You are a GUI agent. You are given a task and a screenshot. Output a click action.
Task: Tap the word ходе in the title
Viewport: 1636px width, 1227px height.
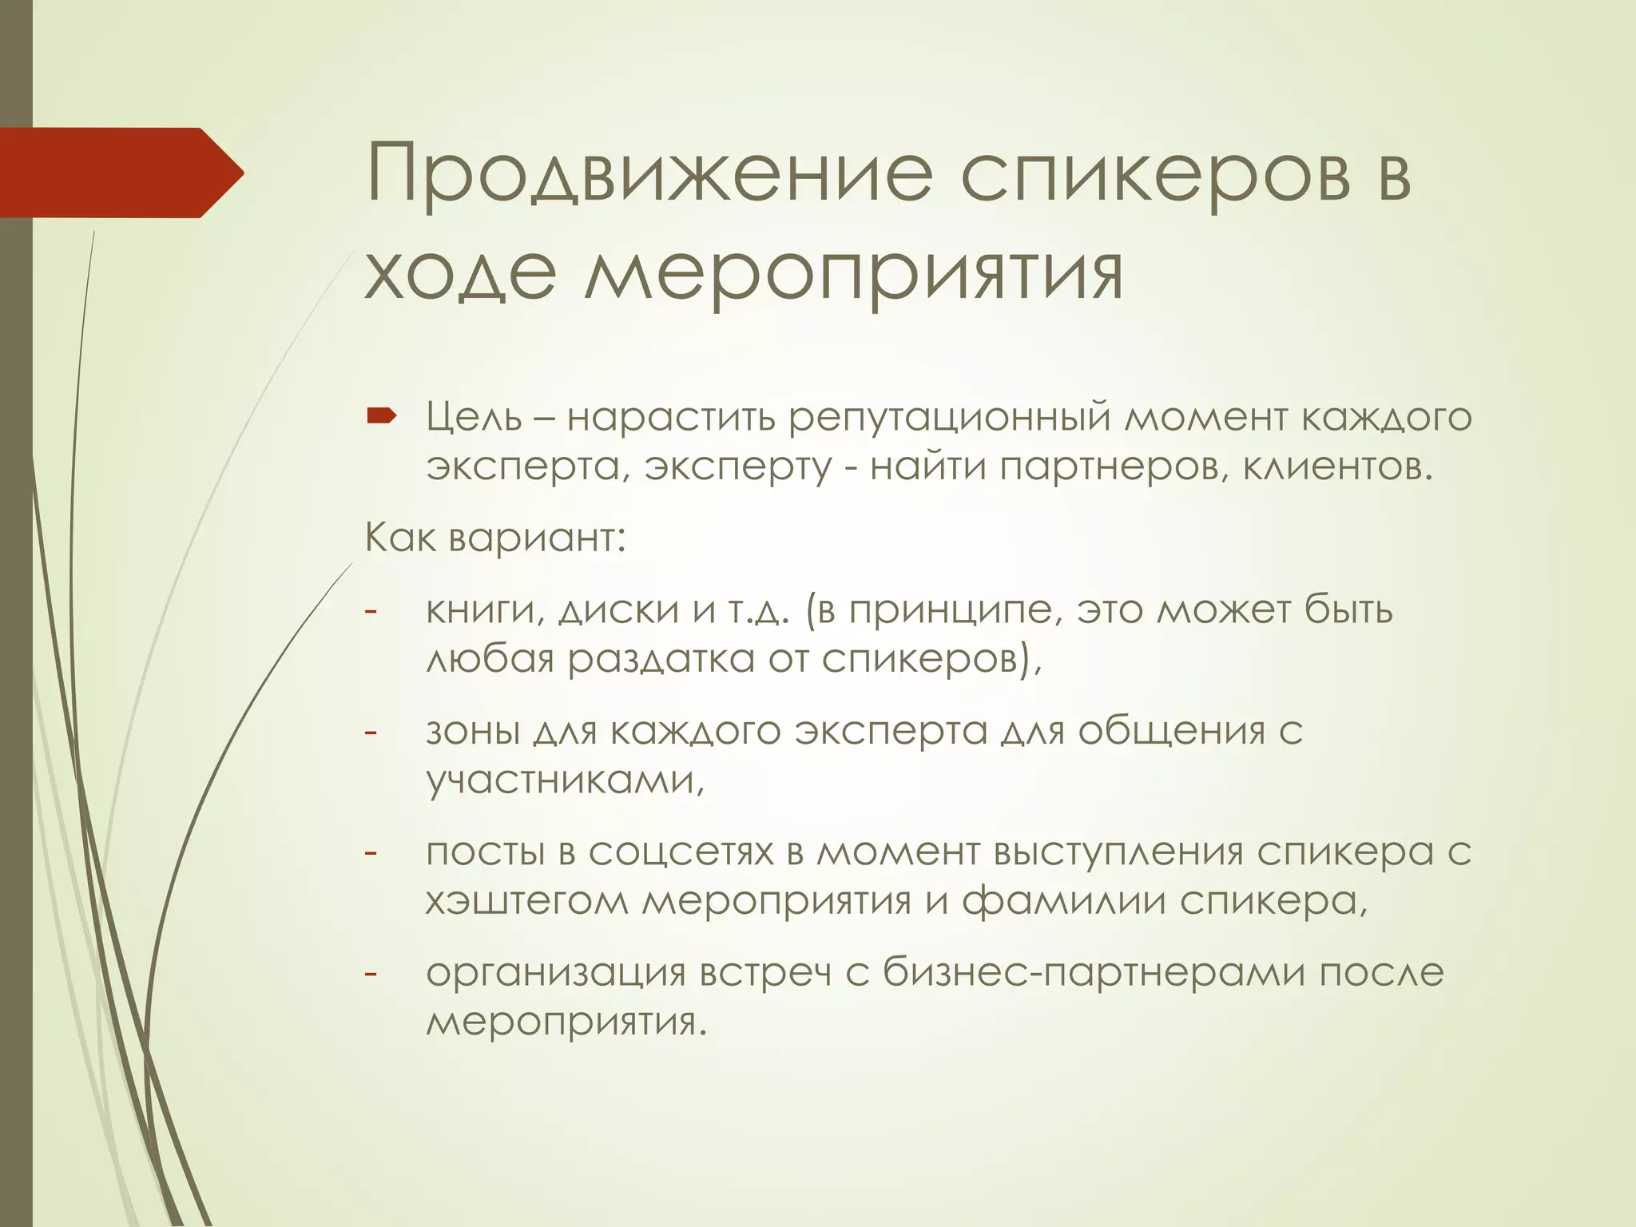click(x=460, y=272)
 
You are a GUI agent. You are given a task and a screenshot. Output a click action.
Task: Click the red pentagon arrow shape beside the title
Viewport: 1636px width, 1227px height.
click(x=120, y=173)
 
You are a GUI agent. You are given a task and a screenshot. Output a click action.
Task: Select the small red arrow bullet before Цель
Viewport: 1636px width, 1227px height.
click(x=381, y=415)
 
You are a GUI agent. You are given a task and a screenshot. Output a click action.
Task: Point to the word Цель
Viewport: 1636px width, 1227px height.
click(x=474, y=417)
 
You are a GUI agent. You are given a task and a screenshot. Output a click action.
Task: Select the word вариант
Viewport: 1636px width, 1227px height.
click(x=536, y=538)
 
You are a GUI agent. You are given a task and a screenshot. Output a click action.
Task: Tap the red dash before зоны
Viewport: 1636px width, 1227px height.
click(x=371, y=732)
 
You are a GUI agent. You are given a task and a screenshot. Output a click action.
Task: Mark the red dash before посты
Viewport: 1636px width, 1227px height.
click(x=371, y=853)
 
